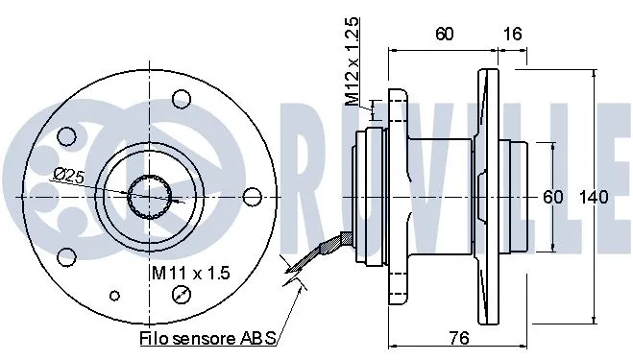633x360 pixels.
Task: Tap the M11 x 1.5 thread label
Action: tap(190, 274)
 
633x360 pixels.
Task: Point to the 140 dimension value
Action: tap(594, 198)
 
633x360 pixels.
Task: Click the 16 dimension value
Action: tap(512, 34)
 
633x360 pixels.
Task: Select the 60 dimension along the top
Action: tap(444, 34)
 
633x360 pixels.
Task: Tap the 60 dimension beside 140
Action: tap(552, 198)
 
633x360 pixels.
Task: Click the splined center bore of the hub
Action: tap(152, 196)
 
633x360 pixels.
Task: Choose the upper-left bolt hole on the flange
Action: tap(65, 135)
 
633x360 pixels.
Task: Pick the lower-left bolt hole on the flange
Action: tap(65, 256)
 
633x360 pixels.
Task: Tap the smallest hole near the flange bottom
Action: tap(116, 295)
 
